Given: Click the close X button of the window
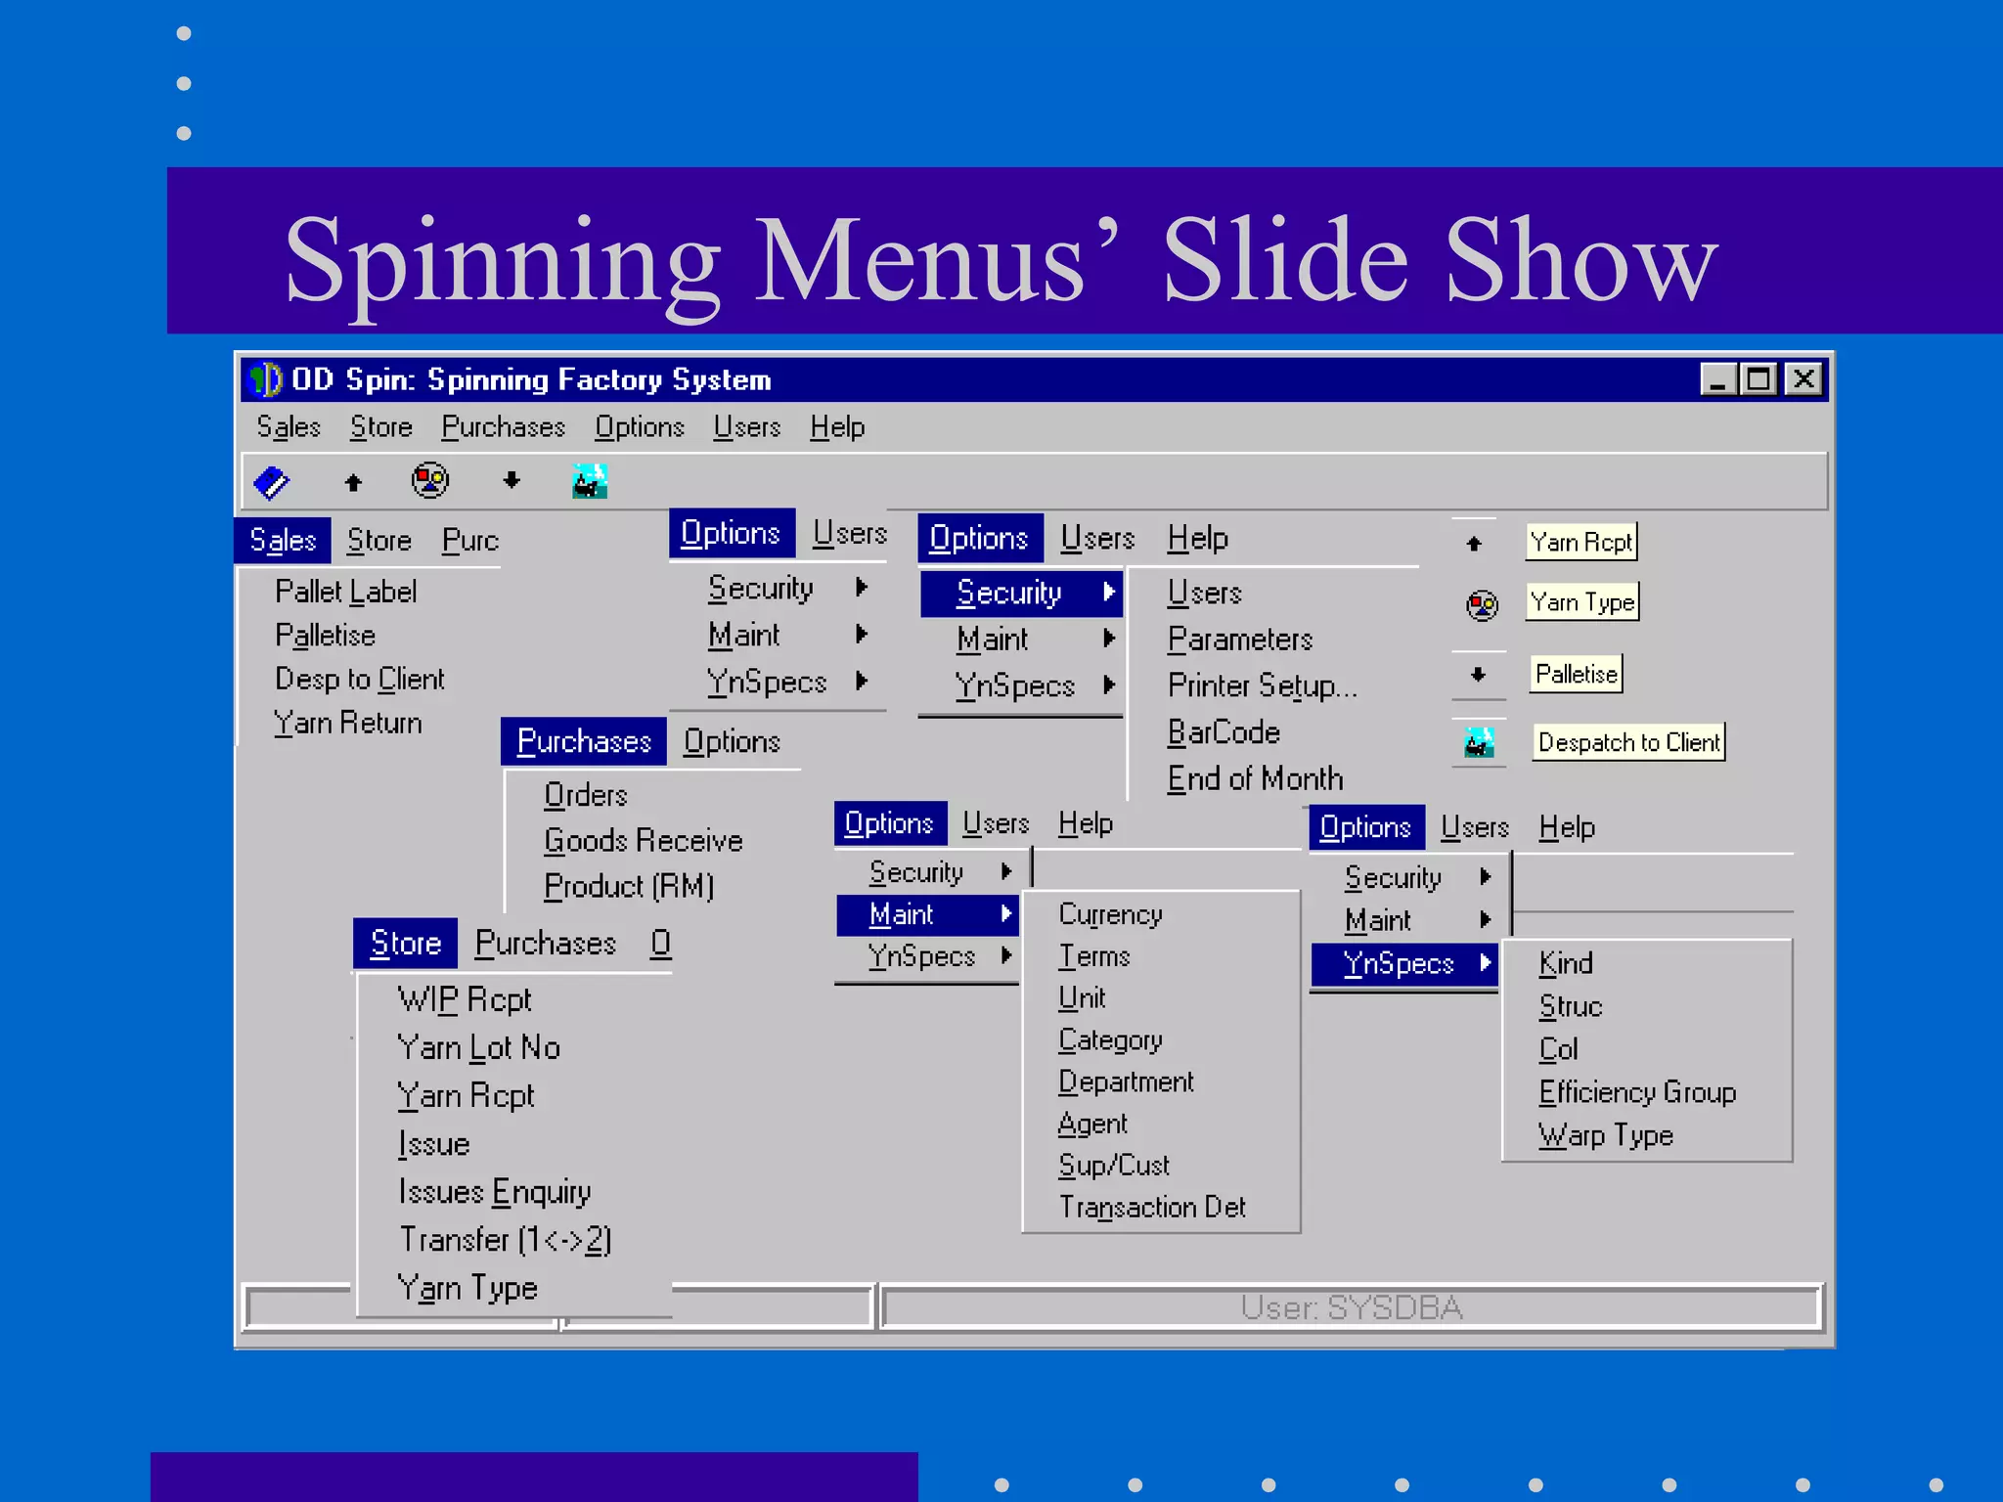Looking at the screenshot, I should pyautogui.click(x=1803, y=378).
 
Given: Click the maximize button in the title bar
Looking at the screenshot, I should pyautogui.click(x=1758, y=378).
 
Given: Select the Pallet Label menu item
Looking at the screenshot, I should pyautogui.click(x=345, y=592).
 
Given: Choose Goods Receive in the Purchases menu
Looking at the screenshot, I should pyautogui.click(x=643, y=841).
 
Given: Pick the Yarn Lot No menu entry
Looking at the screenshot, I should pyautogui.click(x=478, y=1047).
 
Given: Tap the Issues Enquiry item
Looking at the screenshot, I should pyautogui.click(x=494, y=1192).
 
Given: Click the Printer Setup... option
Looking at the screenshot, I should pyautogui.click(x=1262, y=685).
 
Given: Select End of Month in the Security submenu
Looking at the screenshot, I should pyautogui.click(x=1255, y=778).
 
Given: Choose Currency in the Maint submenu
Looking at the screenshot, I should pyautogui.click(x=1110, y=914).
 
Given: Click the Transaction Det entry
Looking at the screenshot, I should pyautogui.click(x=1152, y=1208).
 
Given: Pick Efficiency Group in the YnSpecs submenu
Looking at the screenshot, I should pyautogui.click(x=1637, y=1092).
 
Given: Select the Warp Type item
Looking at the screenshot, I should pyautogui.click(x=1605, y=1135).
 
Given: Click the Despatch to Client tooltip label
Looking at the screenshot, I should pyautogui.click(x=1628, y=742).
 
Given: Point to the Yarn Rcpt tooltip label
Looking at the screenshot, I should pyautogui.click(x=1580, y=542).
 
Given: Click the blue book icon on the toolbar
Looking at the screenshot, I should pyautogui.click(x=271, y=481).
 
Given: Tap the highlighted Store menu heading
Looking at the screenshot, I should pyautogui.click(x=405, y=944).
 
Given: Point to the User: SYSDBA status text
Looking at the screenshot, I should pyautogui.click(x=1351, y=1307).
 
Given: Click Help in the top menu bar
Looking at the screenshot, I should pyautogui.click(x=837, y=427).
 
